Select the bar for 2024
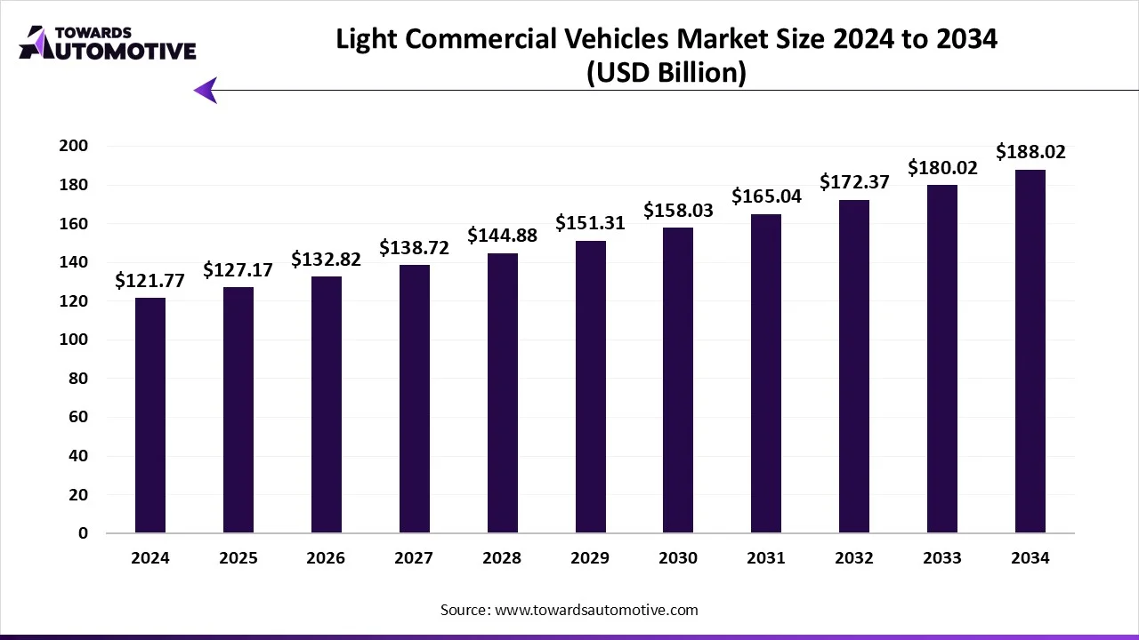tap(150, 415)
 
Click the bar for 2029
tap(590, 387)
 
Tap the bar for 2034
tap(1030, 351)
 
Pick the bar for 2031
tap(766, 373)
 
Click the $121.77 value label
tap(150, 281)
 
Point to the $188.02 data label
tap(1030, 152)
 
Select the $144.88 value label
tap(503, 236)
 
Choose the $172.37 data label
tap(854, 182)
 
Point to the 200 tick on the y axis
tap(74, 146)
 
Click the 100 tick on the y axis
tap(74, 340)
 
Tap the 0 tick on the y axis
tap(83, 533)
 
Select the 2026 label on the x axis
tap(326, 558)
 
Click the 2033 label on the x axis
tap(942, 558)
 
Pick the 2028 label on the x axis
tap(502, 558)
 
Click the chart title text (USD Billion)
tap(666, 73)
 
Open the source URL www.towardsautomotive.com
tap(596, 610)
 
